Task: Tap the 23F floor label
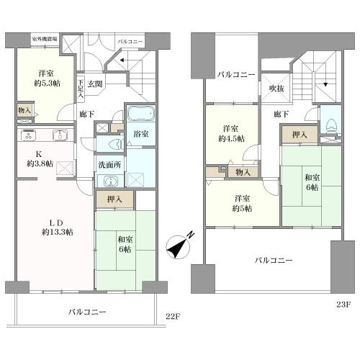pos(343,305)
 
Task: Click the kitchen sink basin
pos(60,135)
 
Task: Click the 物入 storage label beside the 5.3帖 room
pos(23,110)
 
